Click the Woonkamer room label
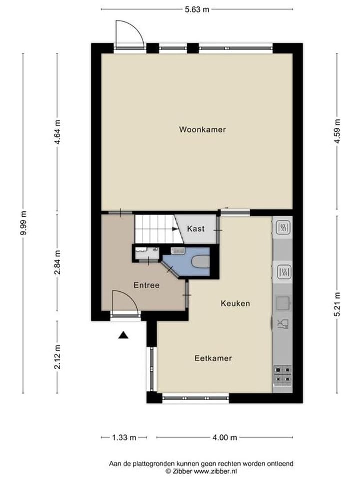pyautogui.click(x=202, y=129)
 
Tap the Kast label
pyautogui.click(x=195, y=229)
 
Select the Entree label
pyautogui.click(x=146, y=285)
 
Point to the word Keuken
pyautogui.click(x=235, y=303)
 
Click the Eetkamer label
pyautogui.click(x=213, y=358)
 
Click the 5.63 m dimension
pyautogui.click(x=197, y=9)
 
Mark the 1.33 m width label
pyautogui.click(x=123, y=438)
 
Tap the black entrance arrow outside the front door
pyautogui.click(x=123, y=335)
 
